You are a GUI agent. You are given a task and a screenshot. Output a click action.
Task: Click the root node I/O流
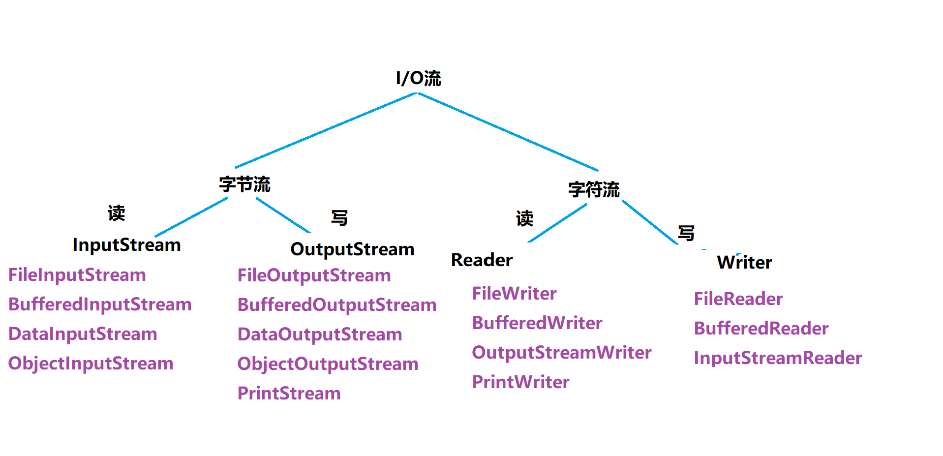coord(418,78)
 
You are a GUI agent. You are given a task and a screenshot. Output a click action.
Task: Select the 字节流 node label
coord(244,184)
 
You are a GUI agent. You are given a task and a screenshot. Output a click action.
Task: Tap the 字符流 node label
coord(594,189)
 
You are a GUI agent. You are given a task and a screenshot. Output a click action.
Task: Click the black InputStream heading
coord(126,245)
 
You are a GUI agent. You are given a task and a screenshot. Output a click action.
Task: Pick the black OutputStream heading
coord(352,249)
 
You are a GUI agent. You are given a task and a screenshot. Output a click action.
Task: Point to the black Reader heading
coord(482,260)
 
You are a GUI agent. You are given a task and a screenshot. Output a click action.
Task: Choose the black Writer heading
coord(744,263)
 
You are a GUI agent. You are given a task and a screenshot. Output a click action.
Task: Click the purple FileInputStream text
coord(77,275)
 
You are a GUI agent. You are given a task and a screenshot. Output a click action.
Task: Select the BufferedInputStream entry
coord(100,304)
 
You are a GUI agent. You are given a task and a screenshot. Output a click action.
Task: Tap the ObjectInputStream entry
coord(91,364)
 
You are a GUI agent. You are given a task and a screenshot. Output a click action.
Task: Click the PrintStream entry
coord(289,394)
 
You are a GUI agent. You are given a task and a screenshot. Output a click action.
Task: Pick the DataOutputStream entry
coord(320,334)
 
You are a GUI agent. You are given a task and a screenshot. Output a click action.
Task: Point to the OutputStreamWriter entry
coord(561,353)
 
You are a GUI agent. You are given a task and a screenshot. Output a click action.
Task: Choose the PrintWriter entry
coord(520,382)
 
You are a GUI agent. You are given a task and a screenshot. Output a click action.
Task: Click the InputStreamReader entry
coord(778,358)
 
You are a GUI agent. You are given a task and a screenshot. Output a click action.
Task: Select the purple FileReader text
coord(738,299)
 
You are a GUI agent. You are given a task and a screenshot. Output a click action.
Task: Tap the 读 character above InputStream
coord(117,213)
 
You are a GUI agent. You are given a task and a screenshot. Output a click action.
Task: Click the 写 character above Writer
coord(686,233)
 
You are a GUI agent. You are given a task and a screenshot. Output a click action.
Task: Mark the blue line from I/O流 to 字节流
coord(326,130)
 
